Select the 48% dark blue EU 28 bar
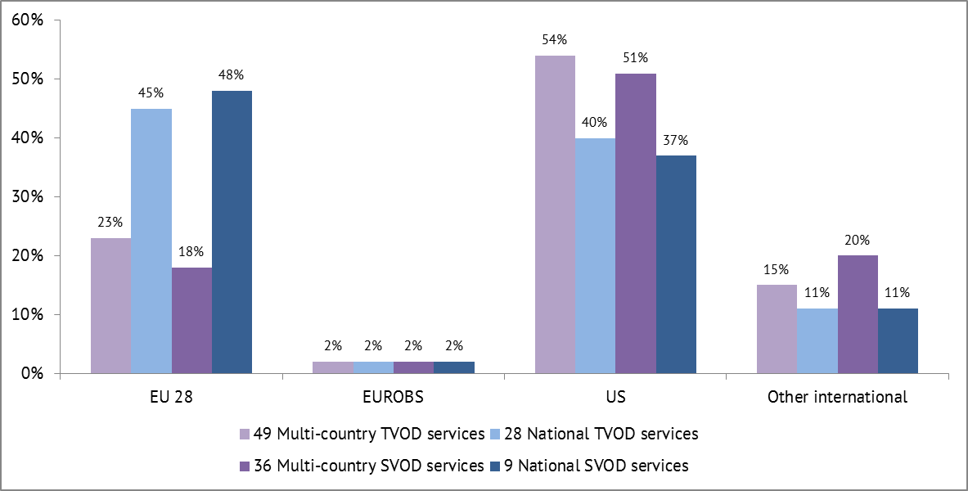click(232, 232)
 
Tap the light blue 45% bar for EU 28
click(151, 241)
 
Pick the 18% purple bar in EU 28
click(191, 321)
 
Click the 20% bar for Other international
click(858, 314)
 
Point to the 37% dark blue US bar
click(676, 264)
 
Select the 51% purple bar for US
click(636, 223)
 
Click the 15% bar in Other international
click(777, 329)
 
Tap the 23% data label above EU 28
click(110, 222)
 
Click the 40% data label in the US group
click(595, 123)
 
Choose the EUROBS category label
click(394, 398)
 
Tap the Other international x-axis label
click(837, 398)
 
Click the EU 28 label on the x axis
click(171, 398)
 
